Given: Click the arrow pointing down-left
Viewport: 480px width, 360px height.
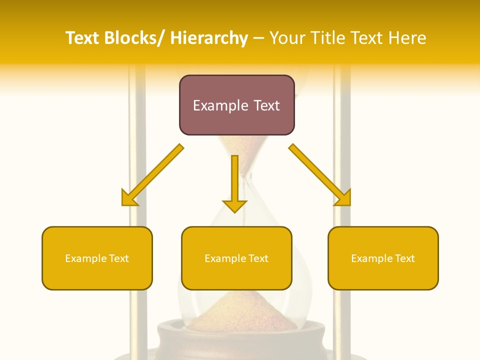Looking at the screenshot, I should coord(152,175).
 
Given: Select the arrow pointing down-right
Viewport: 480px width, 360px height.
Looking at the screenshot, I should coord(320,175).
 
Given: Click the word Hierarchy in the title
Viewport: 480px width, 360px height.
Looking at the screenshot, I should coord(209,38).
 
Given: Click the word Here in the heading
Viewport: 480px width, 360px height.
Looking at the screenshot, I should coord(408,38).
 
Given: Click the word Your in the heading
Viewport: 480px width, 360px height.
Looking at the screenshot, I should coord(287,38).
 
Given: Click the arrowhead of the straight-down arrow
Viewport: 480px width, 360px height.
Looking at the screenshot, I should coord(234,205).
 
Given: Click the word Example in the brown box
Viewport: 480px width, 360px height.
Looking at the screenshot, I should coord(213,105).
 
